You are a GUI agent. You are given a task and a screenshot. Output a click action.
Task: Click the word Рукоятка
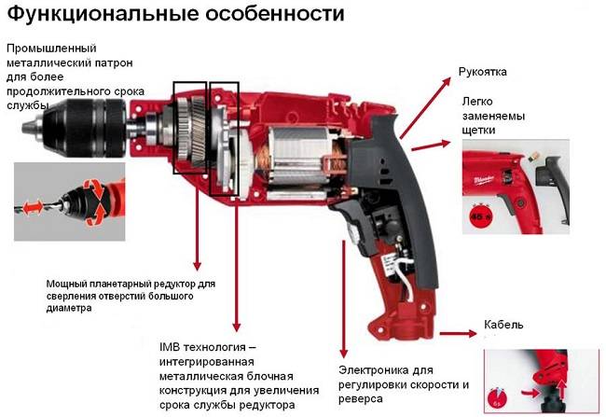(482, 73)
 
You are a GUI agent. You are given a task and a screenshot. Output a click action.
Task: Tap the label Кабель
(503, 324)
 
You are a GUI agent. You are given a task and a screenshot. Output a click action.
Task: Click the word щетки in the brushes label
(478, 131)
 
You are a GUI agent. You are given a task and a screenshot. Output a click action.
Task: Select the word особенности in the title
(275, 14)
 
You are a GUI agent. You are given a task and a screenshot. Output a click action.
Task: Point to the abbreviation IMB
(170, 347)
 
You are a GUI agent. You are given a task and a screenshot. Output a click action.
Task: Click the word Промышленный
(51, 49)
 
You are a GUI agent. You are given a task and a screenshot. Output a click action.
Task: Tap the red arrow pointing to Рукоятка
(425, 108)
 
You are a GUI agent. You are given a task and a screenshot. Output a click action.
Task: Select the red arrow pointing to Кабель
(459, 333)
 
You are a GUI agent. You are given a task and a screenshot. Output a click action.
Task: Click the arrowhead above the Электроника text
(343, 354)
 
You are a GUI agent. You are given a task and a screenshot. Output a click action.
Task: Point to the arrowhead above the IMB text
(237, 327)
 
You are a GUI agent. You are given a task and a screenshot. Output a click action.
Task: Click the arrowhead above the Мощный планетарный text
(197, 266)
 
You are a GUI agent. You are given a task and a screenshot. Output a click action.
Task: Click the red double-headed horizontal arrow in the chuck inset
(34, 207)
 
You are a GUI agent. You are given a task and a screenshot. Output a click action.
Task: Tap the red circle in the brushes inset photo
(479, 215)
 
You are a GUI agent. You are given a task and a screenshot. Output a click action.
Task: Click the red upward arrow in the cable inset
(561, 390)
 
